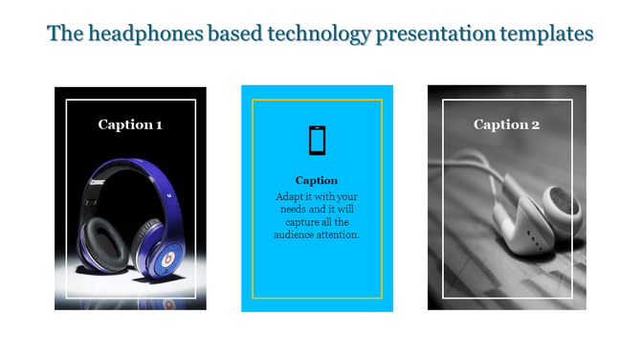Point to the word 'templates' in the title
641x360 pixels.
tap(546, 34)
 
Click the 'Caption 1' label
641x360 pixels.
tap(130, 124)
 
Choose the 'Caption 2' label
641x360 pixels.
tap(507, 124)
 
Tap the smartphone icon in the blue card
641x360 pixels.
tap(317, 141)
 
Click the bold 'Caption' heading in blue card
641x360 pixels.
tap(317, 180)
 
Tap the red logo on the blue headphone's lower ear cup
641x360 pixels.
tap(168, 258)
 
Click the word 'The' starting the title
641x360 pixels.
tap(64, 34)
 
